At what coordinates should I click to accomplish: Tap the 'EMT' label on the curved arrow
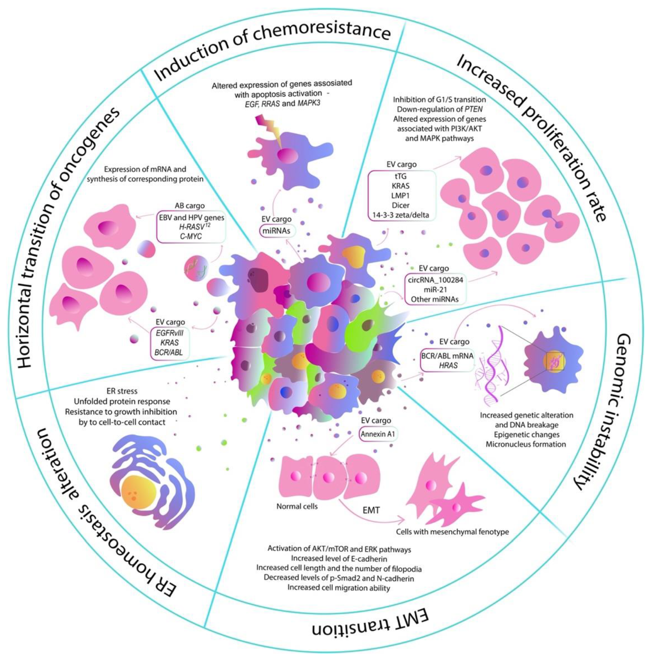tap(371, 511)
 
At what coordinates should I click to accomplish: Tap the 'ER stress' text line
tap(122, 391)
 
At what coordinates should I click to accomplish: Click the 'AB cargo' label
tap(190, 206)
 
